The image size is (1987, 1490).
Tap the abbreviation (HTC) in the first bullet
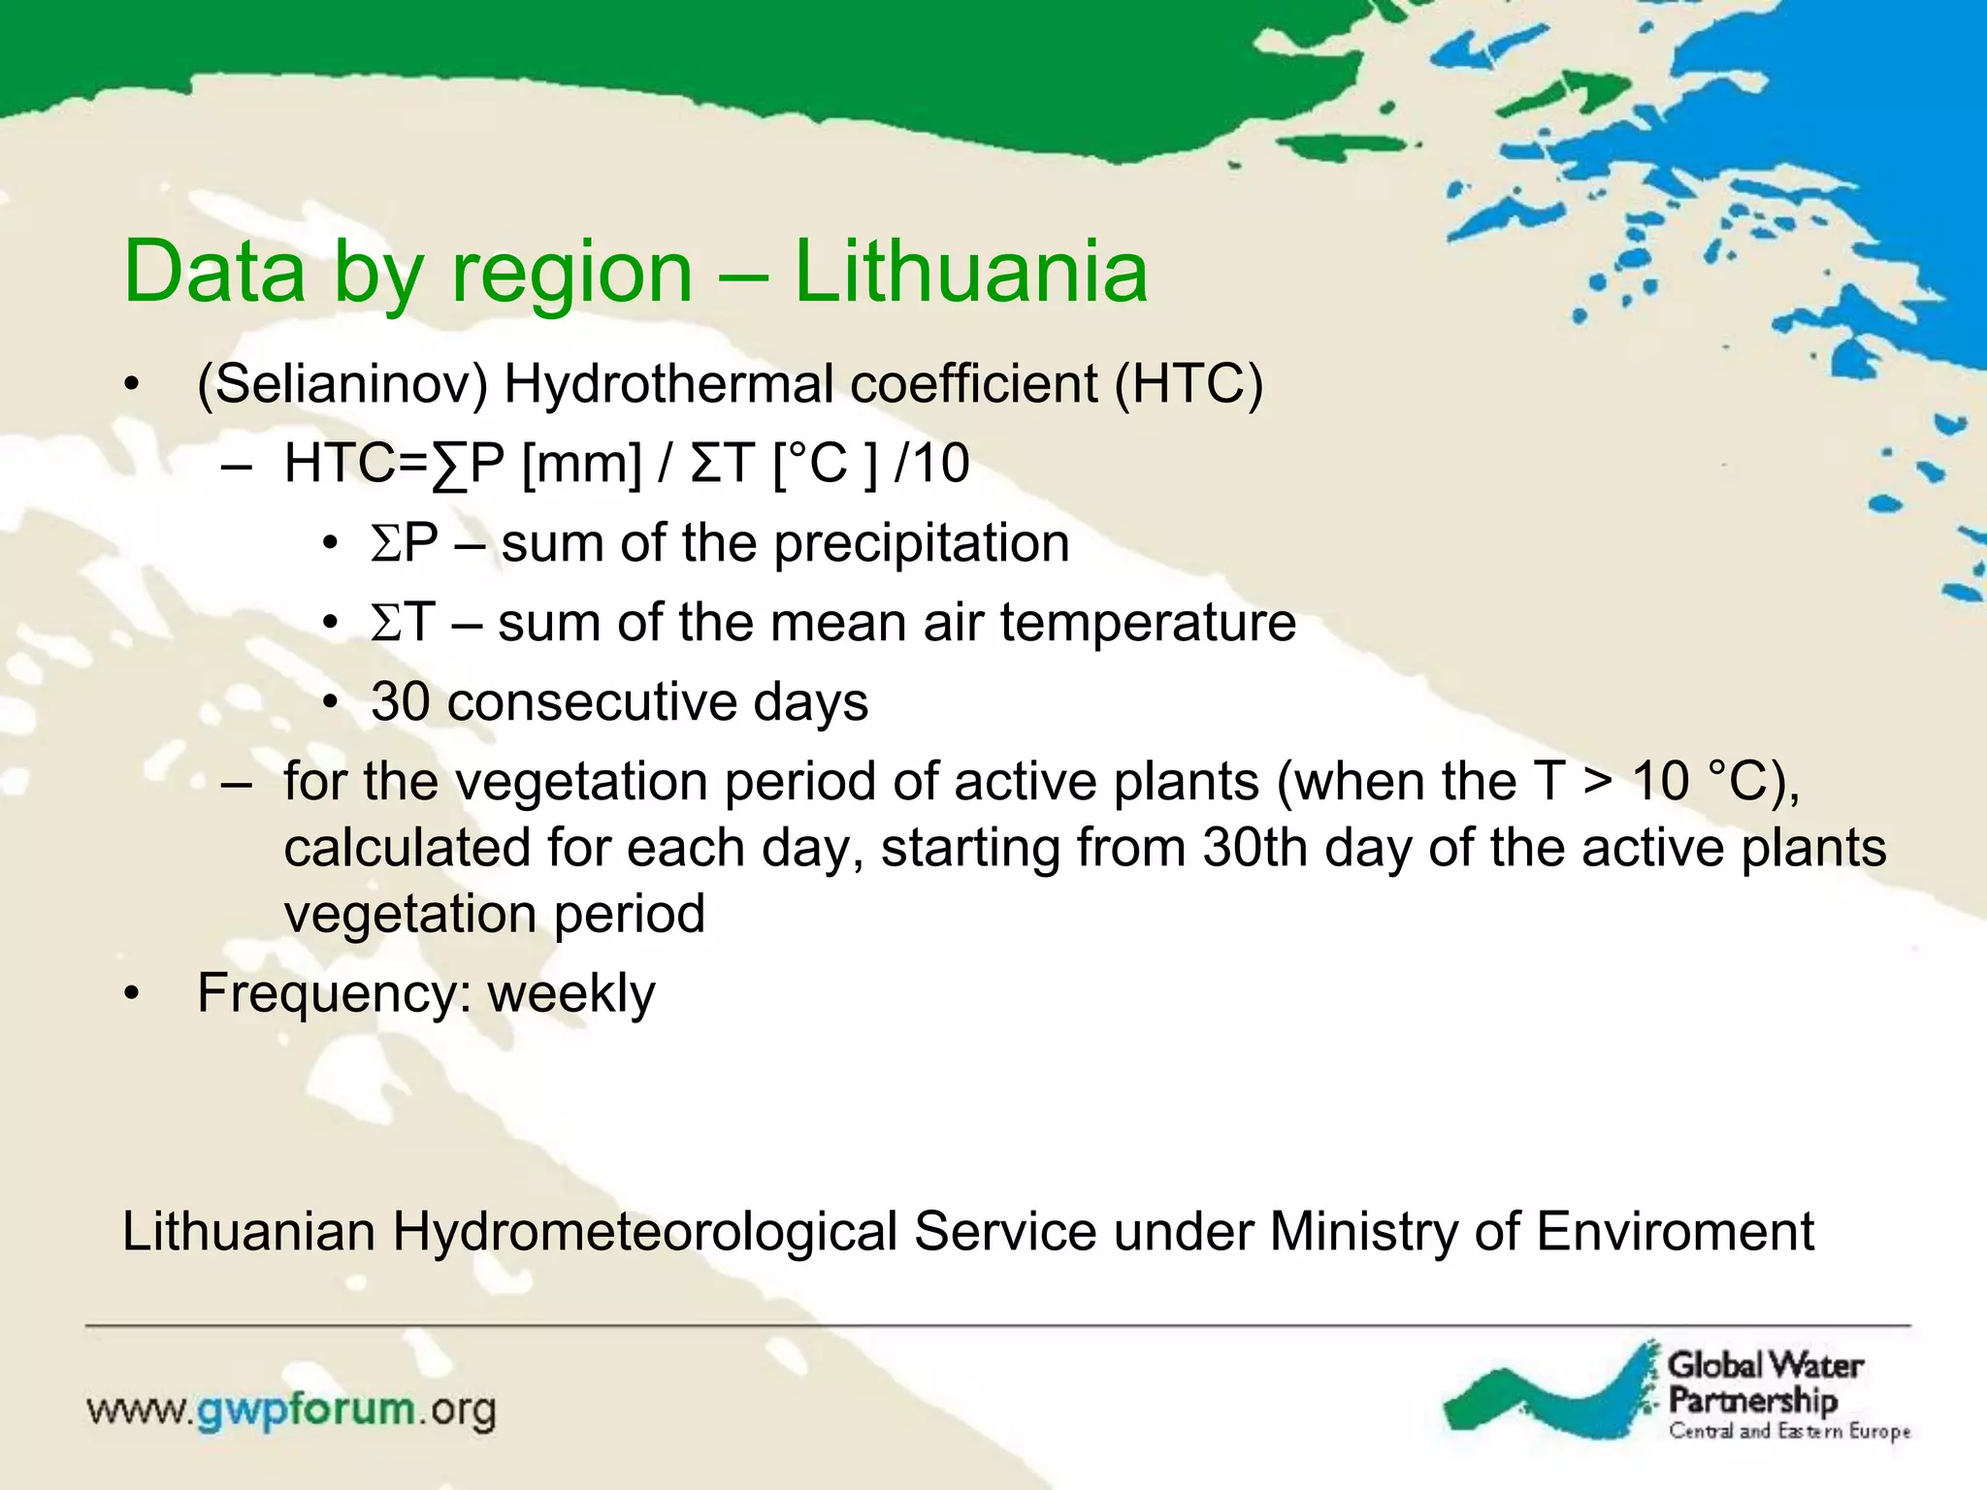(1189, 384)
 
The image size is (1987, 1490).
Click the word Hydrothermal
(668, 384)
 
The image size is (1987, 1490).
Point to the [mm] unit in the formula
(582, 464)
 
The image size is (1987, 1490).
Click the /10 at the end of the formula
(931, 464)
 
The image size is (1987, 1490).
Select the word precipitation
(922, 543)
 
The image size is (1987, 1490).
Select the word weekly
(571, 994)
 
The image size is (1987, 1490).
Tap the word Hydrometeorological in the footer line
(645, 1232)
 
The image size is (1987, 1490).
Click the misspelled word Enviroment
(1675, 1232)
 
